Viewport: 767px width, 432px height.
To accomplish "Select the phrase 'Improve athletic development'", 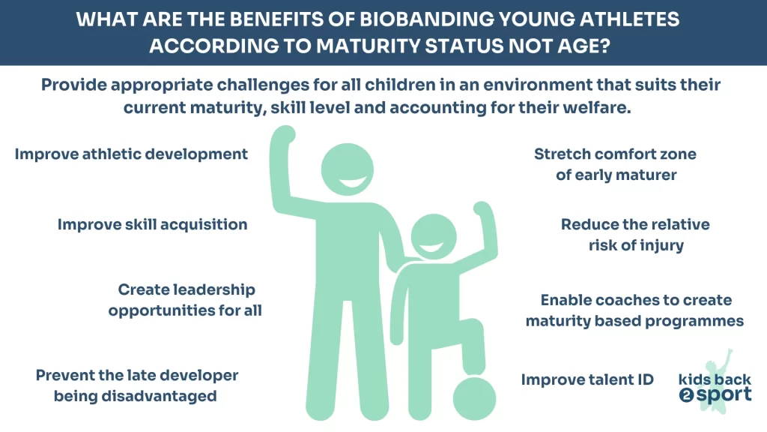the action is [131, 154].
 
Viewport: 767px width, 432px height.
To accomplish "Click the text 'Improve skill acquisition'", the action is [153, 225].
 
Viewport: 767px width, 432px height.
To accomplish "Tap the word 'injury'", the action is [662, 245].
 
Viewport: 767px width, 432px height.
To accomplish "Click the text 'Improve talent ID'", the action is [587, 379].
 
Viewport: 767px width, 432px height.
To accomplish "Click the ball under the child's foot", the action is [474, 397].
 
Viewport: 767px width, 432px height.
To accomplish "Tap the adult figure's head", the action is [348, 169].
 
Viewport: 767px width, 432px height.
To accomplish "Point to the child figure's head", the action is [434, 236].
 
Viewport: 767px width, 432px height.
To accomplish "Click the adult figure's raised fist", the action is [283, 135].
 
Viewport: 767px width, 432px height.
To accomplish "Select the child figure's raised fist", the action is [482, 208].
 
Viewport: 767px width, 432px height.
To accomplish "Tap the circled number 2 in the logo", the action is [686, 395].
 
